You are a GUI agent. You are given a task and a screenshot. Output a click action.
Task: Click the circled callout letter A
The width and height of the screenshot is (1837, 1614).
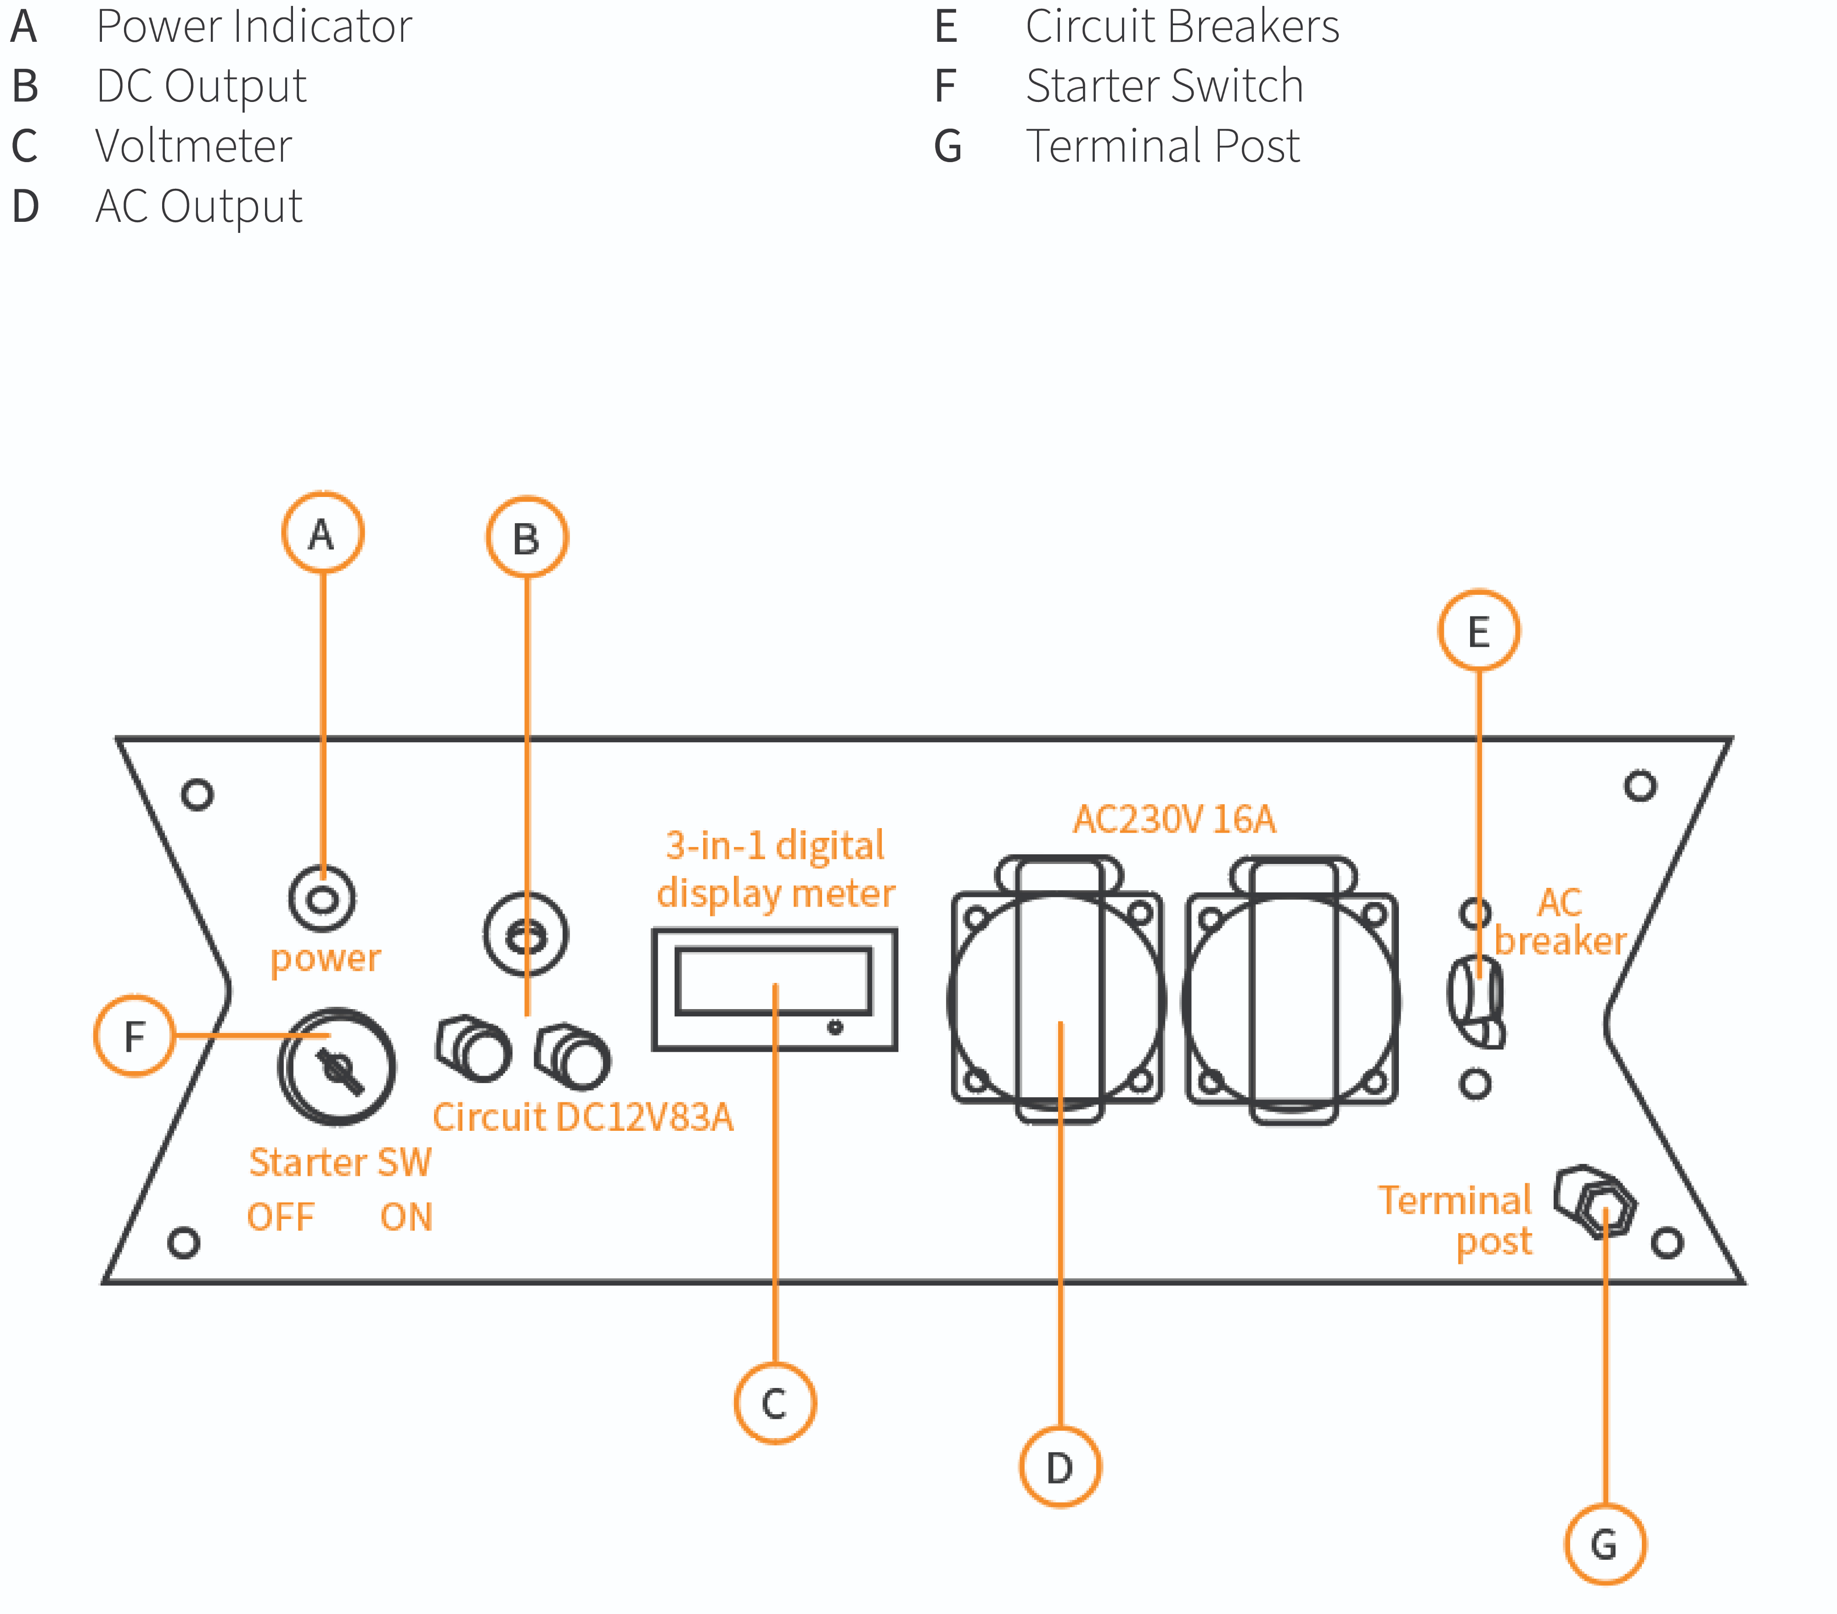tap(323, 533)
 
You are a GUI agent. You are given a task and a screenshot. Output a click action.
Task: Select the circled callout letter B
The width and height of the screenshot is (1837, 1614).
tap(527, 537)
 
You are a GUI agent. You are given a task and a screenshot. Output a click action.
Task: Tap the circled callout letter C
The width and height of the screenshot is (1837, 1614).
tap(775, 1403)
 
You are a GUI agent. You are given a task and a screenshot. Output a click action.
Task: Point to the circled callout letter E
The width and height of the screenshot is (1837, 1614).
tap(1478, 631)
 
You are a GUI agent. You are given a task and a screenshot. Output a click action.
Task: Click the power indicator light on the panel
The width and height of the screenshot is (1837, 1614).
tap(323, 899)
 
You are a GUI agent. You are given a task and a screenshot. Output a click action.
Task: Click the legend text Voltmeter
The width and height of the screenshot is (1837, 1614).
tap(193, 146)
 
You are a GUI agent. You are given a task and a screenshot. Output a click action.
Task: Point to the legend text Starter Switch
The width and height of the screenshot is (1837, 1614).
tap(1164, 86)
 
